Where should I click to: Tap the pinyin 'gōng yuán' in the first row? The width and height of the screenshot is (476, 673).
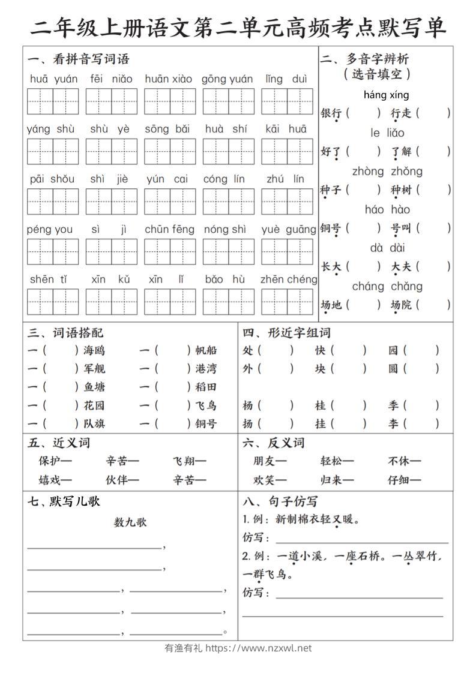[227, 79]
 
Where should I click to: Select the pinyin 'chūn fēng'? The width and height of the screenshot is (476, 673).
[169, 229]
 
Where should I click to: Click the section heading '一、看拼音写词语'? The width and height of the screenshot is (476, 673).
[78, 59]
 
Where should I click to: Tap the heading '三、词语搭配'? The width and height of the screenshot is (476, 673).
[65, 333]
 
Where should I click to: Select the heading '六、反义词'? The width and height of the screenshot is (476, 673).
[274, 443]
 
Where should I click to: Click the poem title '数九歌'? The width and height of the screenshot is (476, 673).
[130, 522]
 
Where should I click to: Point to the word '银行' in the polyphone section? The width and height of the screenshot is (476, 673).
[331, 113]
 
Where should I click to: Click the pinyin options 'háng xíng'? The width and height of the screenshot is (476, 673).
[386, 95]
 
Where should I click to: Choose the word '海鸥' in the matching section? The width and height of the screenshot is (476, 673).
[94, 351]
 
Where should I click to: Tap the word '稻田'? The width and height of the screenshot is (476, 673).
[206, 387]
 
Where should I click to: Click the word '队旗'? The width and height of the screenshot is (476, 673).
[94, 423]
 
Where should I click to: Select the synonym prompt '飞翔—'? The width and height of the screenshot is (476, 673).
[190, 461]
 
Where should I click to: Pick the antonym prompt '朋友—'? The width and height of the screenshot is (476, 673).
[270, 461]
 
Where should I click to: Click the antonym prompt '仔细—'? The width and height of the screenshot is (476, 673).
[404, 480]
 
